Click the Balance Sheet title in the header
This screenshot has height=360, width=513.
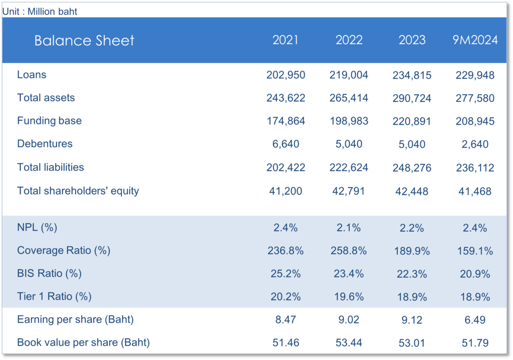click(84, 41)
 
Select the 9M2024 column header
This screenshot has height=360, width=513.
click(475, 40)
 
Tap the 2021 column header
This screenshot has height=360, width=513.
click(286, 40)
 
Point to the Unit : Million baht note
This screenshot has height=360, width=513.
click(40, 11)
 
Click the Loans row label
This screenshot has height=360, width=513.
click(32, 75)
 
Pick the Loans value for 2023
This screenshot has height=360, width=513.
click(412, 75)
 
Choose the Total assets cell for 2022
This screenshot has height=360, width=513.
click(349, 98)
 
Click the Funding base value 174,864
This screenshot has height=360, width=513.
click(286, 121)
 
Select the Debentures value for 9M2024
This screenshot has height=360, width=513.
click(475, 144)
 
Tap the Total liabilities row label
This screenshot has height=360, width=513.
click(51, 167)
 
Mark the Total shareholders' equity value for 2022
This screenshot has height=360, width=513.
click(349, 191)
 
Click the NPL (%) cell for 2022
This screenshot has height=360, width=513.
click(349, 228)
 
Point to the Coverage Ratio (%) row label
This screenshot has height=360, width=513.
click(64, 250)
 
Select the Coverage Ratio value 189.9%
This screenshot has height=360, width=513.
click(412, 251)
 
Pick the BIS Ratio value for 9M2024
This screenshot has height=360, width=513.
click(475, 274)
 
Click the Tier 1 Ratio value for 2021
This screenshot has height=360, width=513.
click(286, 297)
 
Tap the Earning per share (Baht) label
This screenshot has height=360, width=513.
click(75, 319)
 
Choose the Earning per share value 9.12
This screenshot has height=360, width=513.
click(412, 320)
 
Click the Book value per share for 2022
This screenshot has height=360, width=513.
click(349, 343)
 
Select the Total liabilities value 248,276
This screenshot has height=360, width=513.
click(412, 168)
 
